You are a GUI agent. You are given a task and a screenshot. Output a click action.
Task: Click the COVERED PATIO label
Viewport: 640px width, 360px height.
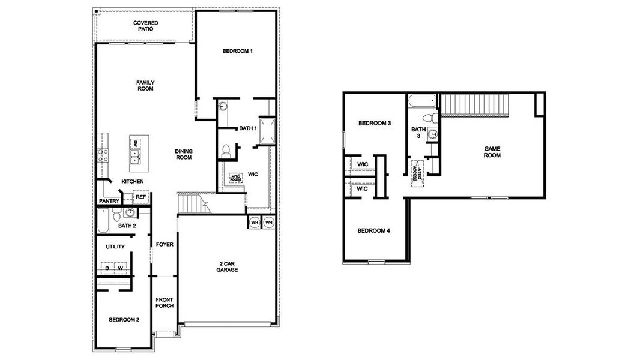point(145,26)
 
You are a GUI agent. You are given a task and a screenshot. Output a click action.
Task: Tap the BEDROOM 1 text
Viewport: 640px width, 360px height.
point(237,52)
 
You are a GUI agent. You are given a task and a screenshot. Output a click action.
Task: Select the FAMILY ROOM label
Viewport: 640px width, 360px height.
point(145,85)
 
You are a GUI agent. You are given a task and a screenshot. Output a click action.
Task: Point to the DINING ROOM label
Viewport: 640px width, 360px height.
point(183,154)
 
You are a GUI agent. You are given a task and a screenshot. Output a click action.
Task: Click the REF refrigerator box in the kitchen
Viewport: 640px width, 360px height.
point(140,196)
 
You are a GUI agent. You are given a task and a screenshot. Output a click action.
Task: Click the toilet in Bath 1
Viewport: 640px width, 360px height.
point(226,151)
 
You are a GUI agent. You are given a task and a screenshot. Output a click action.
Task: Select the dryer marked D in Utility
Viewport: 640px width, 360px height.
point(107,268)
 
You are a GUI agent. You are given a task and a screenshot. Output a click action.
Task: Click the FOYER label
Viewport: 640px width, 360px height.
point(165,244)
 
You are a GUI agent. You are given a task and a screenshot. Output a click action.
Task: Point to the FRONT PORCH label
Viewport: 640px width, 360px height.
point(165,302)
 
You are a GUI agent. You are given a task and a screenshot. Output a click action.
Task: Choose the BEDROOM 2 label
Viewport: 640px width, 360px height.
point(124,320)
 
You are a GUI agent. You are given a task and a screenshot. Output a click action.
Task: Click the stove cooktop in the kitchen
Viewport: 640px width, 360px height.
point(103,155)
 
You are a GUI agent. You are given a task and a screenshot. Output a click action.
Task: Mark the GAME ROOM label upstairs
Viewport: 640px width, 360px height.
point(492,152)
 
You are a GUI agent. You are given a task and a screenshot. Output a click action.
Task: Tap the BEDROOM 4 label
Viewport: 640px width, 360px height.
point(374,230)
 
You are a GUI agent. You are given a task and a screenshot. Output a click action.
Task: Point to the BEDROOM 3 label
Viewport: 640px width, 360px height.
point(375,124)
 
